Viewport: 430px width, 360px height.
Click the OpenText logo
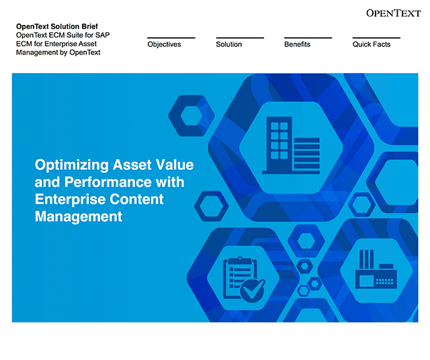394,13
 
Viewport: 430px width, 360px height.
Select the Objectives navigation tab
164,44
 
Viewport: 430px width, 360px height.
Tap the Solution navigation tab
229,44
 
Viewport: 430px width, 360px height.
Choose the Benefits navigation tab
297,44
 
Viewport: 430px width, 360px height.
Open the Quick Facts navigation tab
372,44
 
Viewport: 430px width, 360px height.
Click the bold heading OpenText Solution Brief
57,26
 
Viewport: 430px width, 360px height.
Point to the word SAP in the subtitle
103,35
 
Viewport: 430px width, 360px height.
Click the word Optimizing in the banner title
72,165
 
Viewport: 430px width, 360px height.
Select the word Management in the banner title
79,216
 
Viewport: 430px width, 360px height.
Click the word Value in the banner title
175,165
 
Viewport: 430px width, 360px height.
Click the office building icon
291,145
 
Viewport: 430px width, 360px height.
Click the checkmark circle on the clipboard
253,291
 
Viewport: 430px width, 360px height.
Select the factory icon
376,269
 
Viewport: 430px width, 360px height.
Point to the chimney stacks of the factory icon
366,259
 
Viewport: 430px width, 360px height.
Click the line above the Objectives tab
171,38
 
